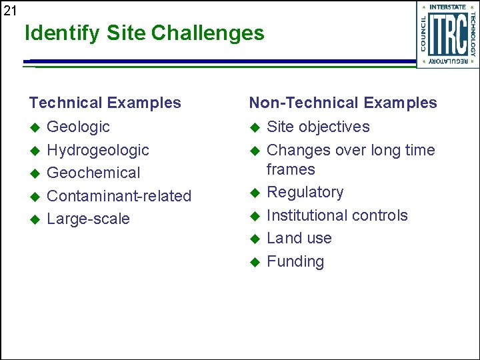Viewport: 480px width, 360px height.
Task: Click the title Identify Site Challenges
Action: pyautogui.click(x=145, y=33)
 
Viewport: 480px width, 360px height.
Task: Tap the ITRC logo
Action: pyautogui.click(x=447, y=34)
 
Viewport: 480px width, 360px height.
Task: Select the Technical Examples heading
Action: pyautogui.click(x=105, y=103)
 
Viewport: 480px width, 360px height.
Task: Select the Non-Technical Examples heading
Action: pyautogui.click(x=343, y=103)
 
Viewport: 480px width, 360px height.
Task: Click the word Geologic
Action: pyautogui.click(x=78, y=127)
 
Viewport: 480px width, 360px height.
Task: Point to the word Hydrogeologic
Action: pyautogui.click(x=98, y=150)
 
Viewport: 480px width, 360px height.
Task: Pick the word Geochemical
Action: pyautogui.click(x=93, y=173)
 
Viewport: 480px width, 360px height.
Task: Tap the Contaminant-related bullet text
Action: pyautogui.click(x=119, y=196)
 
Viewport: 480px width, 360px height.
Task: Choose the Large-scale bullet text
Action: pyautogui.click(x=88, y=219)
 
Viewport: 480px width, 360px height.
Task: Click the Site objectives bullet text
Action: pyautogui.click(x=318, y=127)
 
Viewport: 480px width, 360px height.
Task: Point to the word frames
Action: pyautogui.click(x=291, y=169)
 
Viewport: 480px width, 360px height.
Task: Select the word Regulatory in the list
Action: pyautogui.click(x=305, y=192)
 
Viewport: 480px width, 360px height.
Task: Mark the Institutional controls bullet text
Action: pyautogui.click(x=337, y=215)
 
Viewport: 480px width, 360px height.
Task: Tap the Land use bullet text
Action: pyautogui.click(x=299, y=238)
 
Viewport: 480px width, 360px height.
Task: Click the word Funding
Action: pyautogui.click(x=295, y=261)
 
